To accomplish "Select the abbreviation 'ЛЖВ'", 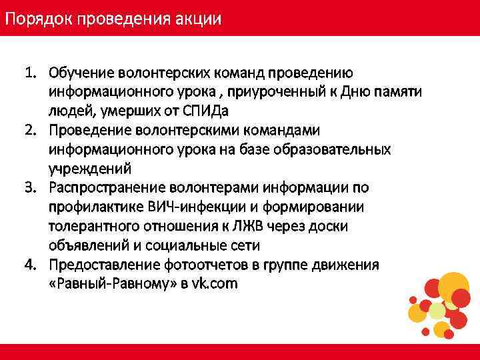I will point(268,226).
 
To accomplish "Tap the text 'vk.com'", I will point(215,284).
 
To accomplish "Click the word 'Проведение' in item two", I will point(90,129).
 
